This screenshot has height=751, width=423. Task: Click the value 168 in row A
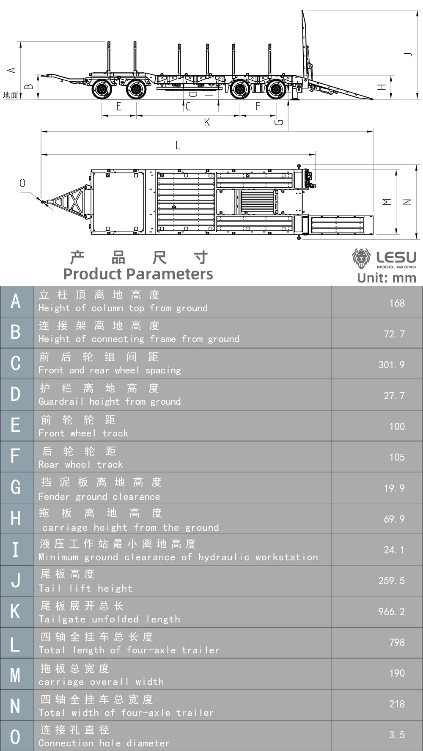[x=396, y=303]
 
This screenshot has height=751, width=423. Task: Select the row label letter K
[x=16, y=611]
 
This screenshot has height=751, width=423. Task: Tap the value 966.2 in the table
[x=391, y=611]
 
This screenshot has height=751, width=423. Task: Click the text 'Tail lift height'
[x=86, y=588]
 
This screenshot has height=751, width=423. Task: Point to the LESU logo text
[x=396, y=257]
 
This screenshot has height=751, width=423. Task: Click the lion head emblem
[x=361, y=258]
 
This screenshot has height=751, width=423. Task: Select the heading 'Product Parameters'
[x=138, y=274]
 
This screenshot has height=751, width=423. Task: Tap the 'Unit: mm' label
[x=387, y=278]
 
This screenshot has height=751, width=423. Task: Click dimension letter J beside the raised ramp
[x=407, y=54]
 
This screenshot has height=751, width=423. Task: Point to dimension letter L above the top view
[x=178, y=146]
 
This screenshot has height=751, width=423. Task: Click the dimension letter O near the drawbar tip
[x=22, y=183]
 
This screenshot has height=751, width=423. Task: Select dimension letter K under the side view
[x=207, y=123]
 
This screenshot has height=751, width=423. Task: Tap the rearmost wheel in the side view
[x=276, y=90]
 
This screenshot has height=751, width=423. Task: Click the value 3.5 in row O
[x=396, y=735]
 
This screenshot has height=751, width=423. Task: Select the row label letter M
[x=16, y=674]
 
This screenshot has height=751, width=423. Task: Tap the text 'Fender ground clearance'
[x=99, y=496]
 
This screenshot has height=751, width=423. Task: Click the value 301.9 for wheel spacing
[x=391, y=365]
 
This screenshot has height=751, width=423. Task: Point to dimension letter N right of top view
[x=407, y=202]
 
